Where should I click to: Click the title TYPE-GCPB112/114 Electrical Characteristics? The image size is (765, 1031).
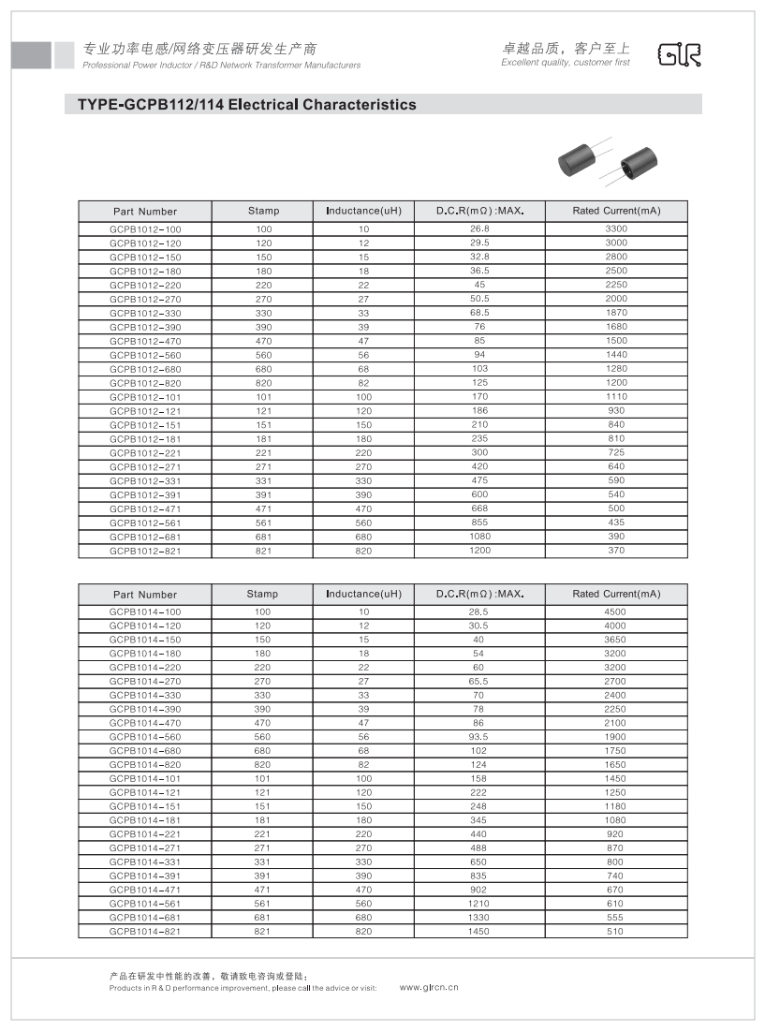(x=240, y=105)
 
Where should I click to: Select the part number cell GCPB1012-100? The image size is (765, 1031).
(x=145, y=229)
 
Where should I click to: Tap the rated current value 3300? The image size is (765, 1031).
(x=616, y=228)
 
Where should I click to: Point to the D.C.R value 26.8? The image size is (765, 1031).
(x=479, y=228)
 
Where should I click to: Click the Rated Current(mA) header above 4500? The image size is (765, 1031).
(x=616, y=594)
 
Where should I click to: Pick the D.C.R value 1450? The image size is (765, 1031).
(x=479, y=932)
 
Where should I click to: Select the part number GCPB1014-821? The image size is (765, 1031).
(x=145, y=932)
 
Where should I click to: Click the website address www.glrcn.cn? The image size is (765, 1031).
(x=429, y=987)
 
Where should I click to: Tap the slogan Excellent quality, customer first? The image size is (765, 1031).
(x=566, y=63)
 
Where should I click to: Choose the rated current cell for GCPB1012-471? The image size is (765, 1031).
(x=616, y=508)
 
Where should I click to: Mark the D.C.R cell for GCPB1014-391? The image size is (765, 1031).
(x=479, y=876)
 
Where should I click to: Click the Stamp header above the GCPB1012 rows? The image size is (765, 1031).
(x=263, y=211)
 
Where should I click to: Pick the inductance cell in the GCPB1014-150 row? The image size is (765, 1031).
(x=363, y=640)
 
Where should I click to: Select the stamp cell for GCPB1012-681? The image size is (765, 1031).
(x=263, y=538)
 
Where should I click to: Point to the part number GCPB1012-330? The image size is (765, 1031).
(x=145, y=313)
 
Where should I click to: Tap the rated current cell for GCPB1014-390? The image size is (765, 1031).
(x=616, y=709)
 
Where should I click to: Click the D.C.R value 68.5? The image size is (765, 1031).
(x=479, y=313)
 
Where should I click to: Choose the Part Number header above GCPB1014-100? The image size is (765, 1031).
(x=145, y=595)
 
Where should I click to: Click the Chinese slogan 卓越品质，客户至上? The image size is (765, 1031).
(x=566, y=48)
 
